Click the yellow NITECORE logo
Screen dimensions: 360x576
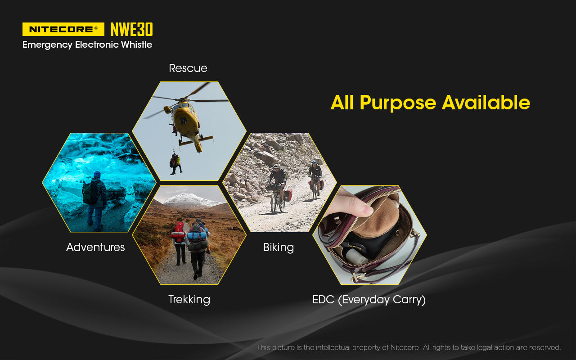[x=63, y=29]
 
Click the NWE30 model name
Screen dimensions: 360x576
[x=131, y=30]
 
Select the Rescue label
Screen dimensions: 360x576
[x=188, y=68]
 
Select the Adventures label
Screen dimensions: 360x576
[x=95, y=247]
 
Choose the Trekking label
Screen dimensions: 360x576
[x=189, y=299]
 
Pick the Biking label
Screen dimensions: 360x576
[x=279, y=247]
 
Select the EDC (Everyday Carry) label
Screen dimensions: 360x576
[x=369, y=299]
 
